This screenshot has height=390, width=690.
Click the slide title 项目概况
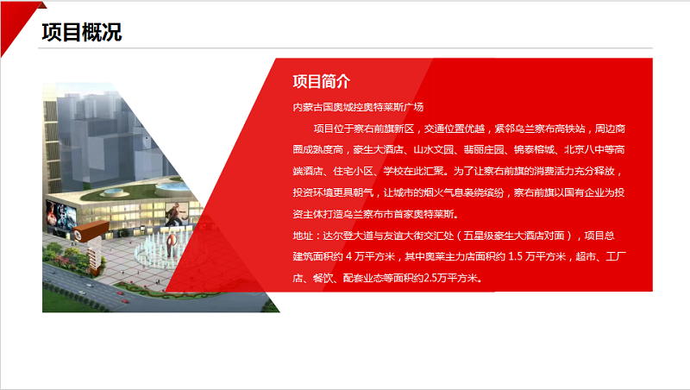tap(81, 33)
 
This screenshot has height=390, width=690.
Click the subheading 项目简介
tap(321, 81)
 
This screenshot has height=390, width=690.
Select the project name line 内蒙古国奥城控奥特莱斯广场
tap(358, 107)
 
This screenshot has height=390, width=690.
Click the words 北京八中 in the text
tap(585, 149)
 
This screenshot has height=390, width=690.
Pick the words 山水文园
tap(434, 149)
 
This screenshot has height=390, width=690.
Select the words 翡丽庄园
tap(484, 149)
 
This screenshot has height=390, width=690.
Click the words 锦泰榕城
tap(534, 149)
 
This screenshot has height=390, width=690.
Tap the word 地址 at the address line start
tap(303, 236)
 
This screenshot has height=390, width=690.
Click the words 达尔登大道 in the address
tap(348, 236)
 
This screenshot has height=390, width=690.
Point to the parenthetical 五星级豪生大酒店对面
tap(513, 236)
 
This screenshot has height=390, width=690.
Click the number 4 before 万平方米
tap(349, 256)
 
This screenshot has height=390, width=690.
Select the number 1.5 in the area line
tap(515, 256)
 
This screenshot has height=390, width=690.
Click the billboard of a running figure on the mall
tap(177, 214)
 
